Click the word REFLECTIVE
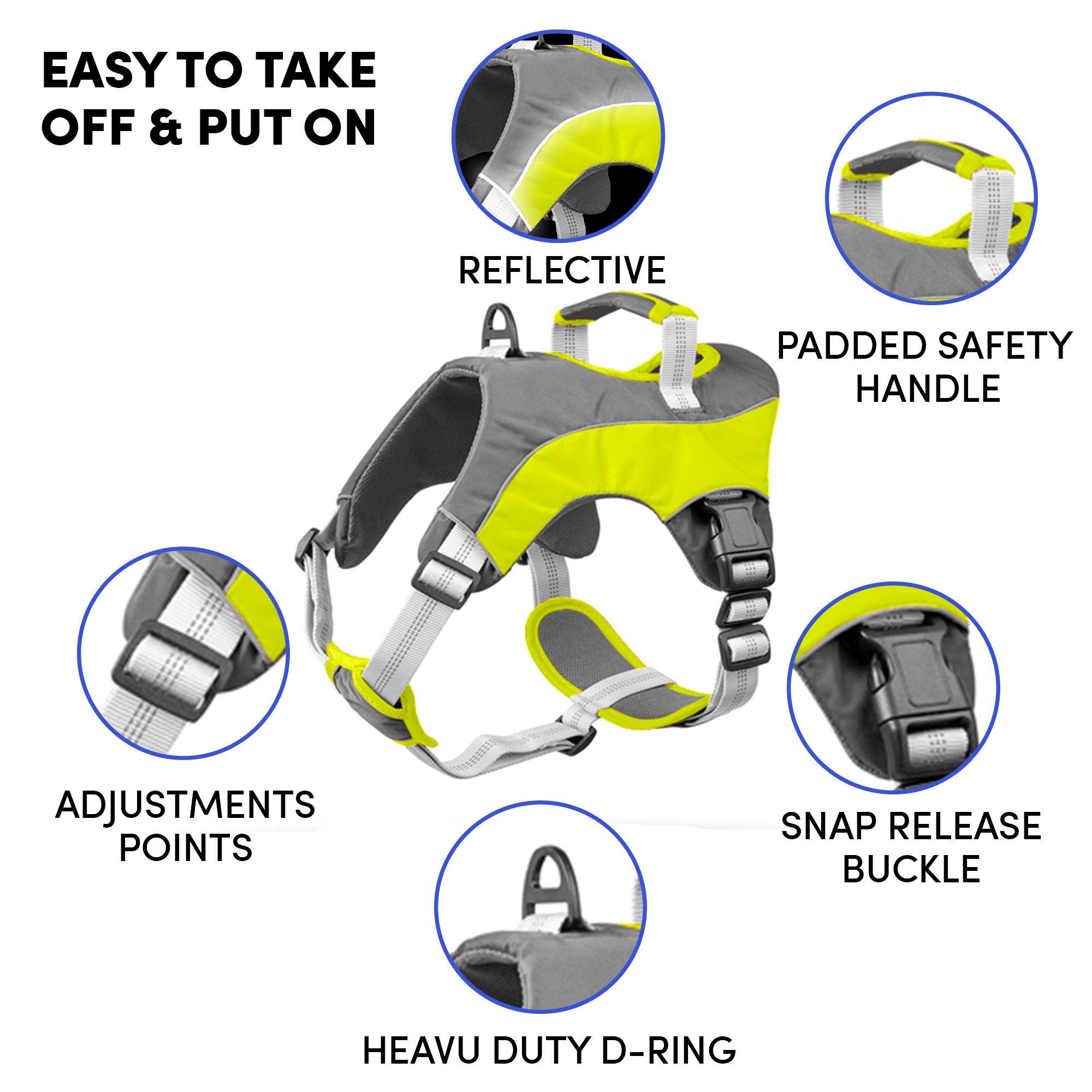(562, 270)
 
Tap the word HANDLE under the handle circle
(928, 389)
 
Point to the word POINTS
(186, 848)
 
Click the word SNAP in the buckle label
(829, 826)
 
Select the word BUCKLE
(911, 869)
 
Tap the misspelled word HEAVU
(423, 1051)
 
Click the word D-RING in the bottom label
(669, 1051)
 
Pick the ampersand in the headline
(166, 127)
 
